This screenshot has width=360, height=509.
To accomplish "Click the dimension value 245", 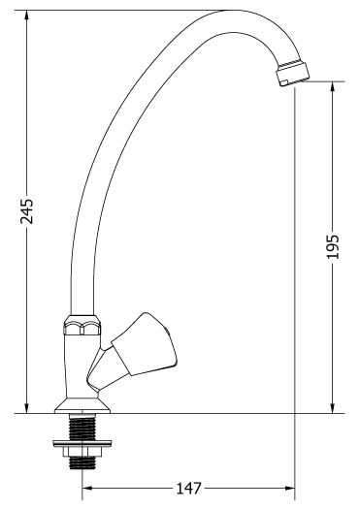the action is click(x=26, y=211).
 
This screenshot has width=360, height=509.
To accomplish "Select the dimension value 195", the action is click(x=333, y=246).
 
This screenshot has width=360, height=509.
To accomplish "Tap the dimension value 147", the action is click(x=189, y=488).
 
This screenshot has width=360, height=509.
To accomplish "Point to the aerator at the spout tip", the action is click(x=292, y=74).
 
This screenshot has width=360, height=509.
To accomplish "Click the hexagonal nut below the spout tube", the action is click(x=82, y=325).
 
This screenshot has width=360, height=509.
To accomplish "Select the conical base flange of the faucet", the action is click(x=82, y=405).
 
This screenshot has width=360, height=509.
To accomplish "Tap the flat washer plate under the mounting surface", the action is click(x=82, y=443).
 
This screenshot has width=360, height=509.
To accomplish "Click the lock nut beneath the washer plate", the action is click(x=82, y=452).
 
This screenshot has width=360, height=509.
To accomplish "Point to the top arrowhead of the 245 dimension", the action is click(x=26, y=16).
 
